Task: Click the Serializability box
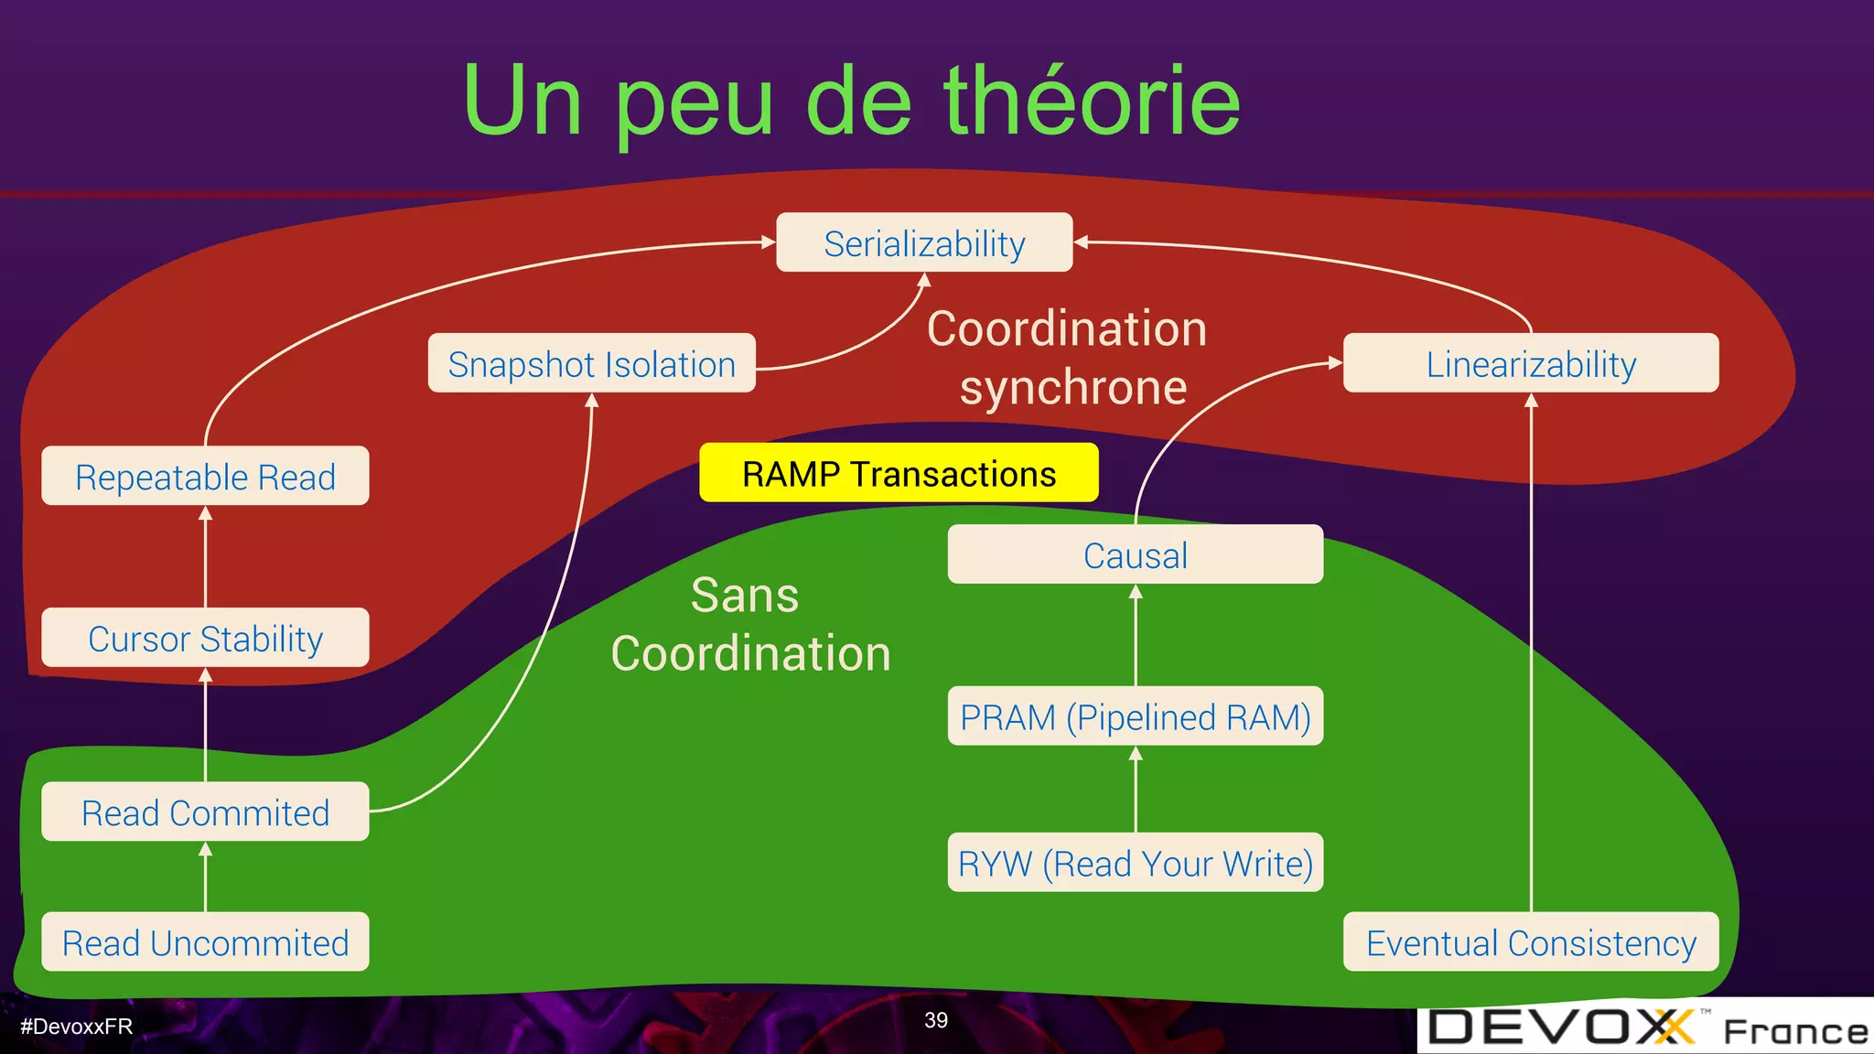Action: point(924,243)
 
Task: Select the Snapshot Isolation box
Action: point(591,364)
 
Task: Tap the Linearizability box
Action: point(1531,364)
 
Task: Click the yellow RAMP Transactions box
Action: point(899,474)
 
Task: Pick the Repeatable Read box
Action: point(205,477)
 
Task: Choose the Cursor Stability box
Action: point(205,639)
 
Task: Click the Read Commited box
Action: point(205,812)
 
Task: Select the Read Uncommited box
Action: point(205,942)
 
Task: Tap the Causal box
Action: point(1135,555)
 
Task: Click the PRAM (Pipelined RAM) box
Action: point(1135,716)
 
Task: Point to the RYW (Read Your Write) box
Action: point(1135,863)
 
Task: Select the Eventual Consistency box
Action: point(1531,942)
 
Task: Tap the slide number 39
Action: point(936,1020)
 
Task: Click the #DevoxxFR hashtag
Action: point(77,1027)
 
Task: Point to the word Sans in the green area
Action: point(744,596)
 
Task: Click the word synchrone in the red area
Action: point(1072,388)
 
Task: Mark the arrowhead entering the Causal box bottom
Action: point(1136,592)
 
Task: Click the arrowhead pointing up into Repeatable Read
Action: point(205,513)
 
